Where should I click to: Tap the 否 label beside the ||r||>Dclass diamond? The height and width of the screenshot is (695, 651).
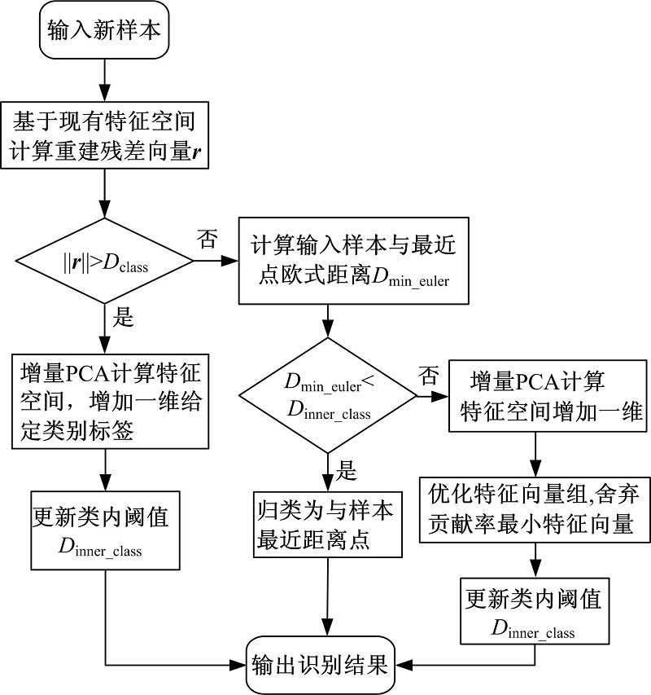pos(206,239)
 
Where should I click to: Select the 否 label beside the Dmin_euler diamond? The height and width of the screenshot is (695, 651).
pos(428,376)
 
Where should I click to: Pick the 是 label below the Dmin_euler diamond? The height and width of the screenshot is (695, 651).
pos(347,470)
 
